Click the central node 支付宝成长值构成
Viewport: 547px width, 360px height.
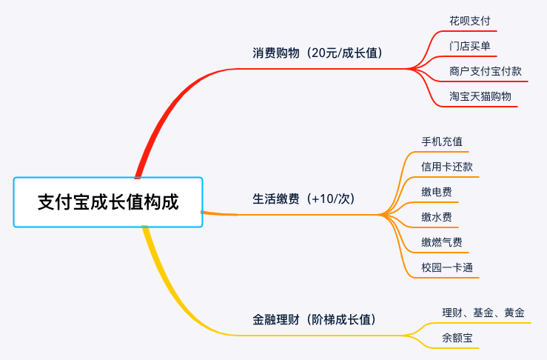[108, 202]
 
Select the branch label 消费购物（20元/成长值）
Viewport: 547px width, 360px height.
[318, 53]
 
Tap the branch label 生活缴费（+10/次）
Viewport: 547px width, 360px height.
[303, 199]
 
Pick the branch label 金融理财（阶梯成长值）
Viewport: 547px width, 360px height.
[315, 320]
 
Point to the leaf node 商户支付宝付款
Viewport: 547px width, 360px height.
[485, 71]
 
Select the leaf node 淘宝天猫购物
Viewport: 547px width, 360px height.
[480, 96]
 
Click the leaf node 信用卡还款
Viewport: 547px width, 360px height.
[446, 166]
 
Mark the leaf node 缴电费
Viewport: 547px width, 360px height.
[437, 192]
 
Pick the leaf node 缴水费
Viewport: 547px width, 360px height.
[437, 217]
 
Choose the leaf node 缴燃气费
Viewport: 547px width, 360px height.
[442, 242]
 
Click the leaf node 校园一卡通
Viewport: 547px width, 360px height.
[446, 267]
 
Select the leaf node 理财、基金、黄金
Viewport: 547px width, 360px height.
[483, 313]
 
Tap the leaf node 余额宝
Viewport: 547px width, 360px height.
[457, 339]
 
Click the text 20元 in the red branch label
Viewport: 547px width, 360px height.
[323, 53]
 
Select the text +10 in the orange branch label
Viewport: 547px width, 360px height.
[322, 199]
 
